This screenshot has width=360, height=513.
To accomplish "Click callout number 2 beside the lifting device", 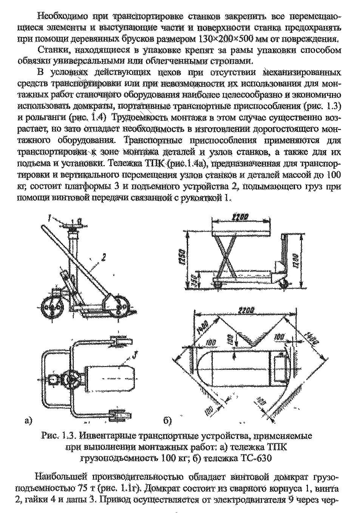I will coord(103,258).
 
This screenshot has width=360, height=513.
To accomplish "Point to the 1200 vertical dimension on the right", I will coord(296,260).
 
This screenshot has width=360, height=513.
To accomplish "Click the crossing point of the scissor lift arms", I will coord(226,253).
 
